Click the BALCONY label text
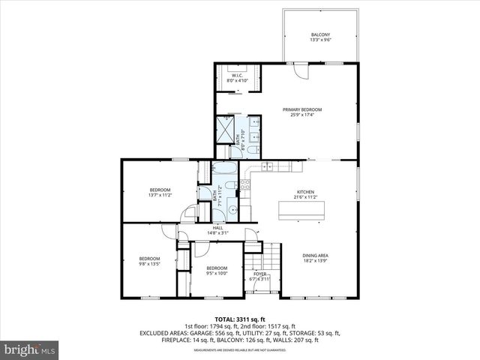pos(320,35)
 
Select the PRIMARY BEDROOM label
pos(297,110)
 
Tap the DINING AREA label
pos(315,256)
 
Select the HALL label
pos(217,228)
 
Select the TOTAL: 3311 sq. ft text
pos(240,319)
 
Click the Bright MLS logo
pos(29,349)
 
